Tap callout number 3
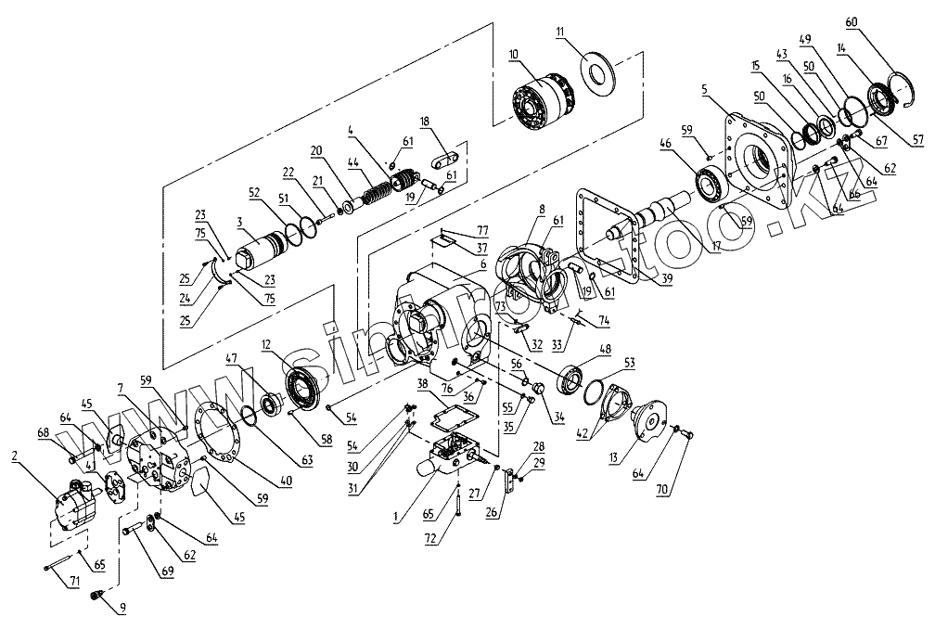tap(239, 223)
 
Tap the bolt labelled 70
tap(682, 432)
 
